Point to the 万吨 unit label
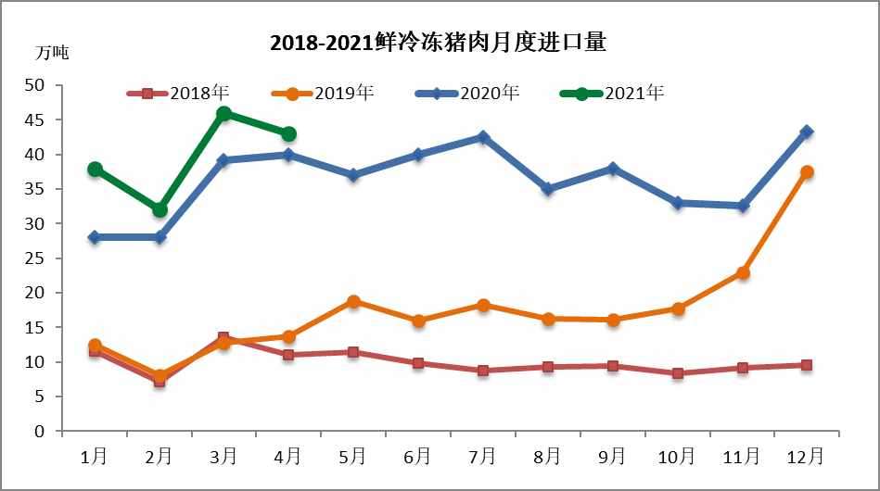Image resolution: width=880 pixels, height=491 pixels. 52,53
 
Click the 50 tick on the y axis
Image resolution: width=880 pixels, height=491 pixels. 34,85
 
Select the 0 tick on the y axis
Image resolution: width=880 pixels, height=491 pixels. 39,432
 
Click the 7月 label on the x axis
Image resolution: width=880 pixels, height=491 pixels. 482,457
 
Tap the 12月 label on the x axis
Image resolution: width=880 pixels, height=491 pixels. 806,457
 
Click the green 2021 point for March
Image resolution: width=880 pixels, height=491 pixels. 223,113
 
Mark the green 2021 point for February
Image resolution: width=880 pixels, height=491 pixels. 159,210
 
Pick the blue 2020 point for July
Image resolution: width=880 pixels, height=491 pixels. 483,137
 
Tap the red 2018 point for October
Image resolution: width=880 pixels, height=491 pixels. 677,373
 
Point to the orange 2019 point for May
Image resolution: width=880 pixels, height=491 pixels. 353,302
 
